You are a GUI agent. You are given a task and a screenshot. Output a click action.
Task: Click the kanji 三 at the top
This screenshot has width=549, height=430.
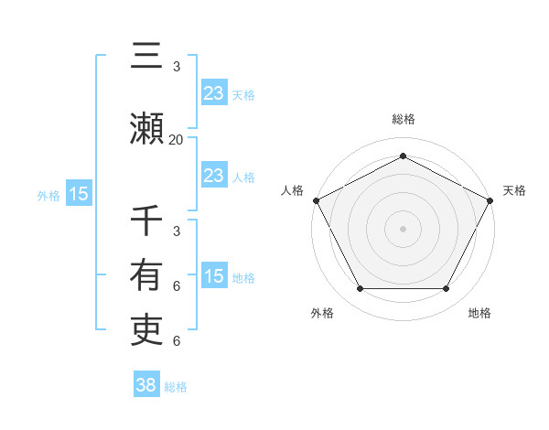[x=147, y=57]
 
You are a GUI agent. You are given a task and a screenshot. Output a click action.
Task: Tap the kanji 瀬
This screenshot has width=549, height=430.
[x=147, y=127]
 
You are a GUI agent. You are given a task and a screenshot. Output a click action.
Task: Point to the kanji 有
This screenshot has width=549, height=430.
[x=147, y=274]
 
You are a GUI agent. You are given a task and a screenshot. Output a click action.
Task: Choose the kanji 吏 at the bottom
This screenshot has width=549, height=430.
[x=147, y=329]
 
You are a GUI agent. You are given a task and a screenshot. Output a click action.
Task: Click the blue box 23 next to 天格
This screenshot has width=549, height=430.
[x=213, y=93]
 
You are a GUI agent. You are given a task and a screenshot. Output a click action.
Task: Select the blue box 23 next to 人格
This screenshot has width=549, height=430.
[x=213, y=175]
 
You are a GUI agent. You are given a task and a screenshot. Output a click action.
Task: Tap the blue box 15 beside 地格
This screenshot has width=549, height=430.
[x=213, y=275]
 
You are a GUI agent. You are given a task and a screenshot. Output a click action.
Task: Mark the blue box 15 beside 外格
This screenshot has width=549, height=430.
[x=78, y=194]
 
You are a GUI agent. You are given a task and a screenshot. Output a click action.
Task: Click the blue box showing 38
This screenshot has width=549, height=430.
[x=145, y=385]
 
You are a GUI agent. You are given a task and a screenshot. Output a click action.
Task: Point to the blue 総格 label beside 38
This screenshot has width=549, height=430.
[x=176, y=387]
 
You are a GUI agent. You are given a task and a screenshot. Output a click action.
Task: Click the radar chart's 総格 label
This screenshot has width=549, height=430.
[x=403, y=119]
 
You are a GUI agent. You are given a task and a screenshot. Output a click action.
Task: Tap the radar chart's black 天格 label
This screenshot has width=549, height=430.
[x=514, y=190]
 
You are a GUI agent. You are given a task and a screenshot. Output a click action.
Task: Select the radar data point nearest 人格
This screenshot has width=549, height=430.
[x=316, y=200]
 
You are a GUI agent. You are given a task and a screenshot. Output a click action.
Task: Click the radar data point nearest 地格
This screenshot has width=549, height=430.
[x=446, y=289]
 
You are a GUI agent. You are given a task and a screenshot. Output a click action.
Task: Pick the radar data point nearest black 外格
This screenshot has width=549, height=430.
[x=360, y=289]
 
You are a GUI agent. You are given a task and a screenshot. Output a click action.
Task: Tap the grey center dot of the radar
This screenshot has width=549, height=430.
[x=403, y=229]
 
